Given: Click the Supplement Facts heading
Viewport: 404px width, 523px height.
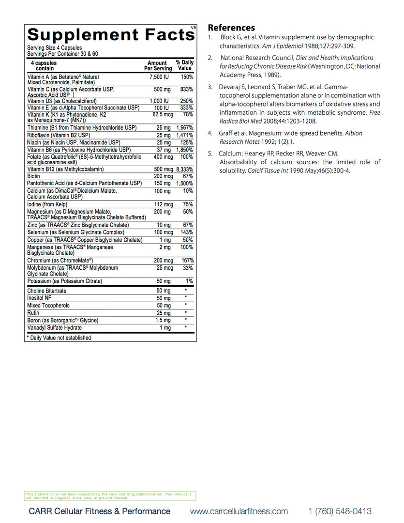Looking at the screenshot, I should (x=111, y=35).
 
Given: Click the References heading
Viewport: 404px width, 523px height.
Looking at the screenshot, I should (x=231, y=28).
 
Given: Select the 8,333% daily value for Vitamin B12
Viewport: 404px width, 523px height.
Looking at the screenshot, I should (x=184, y=169).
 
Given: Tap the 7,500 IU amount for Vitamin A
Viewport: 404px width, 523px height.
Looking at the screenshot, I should (x=159, y=77).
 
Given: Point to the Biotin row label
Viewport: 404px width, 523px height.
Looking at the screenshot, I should (x=34, y=176).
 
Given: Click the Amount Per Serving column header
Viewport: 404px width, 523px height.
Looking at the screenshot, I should (x=158, y=66).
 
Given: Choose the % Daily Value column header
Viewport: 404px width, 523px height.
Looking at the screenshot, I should (x=184, y=65).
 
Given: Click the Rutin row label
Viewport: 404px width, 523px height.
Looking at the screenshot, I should (x=33, y=313).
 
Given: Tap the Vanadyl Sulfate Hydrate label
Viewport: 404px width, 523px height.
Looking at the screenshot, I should (x=54, y=328).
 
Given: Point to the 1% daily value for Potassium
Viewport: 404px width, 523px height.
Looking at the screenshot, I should (x=189, y=281).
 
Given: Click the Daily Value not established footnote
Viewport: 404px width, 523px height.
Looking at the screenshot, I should (x=59, y=338).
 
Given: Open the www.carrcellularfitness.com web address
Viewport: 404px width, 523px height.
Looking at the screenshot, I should (x=239, y=511).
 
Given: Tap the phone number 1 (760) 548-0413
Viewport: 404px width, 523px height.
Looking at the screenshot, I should (x=340, y=511).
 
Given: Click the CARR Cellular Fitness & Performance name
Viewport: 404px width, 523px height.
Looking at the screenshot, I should (x=100, y=511).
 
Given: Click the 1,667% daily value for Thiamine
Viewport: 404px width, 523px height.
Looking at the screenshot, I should (x=184, y=128).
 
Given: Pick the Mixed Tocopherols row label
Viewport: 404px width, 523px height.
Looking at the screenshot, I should (x=48, y=306).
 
